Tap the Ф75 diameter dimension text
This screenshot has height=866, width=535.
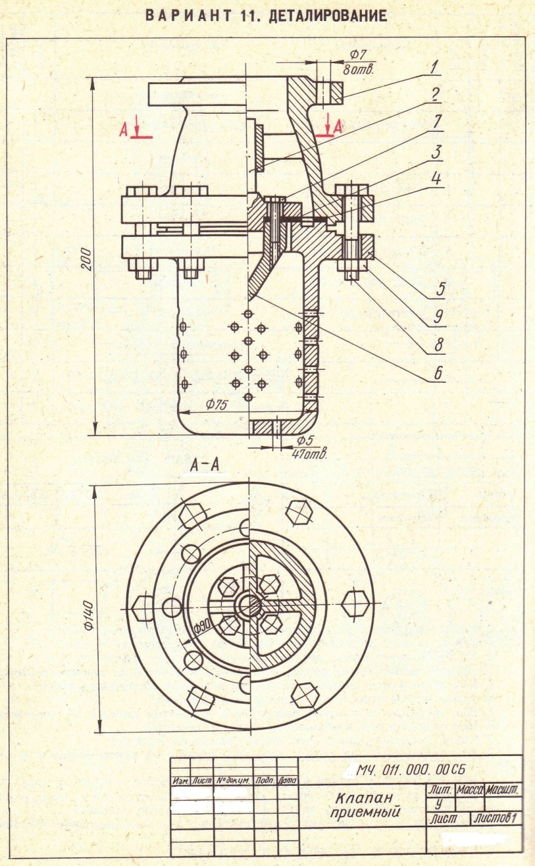click(216, 405)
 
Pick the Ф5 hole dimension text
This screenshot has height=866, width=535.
click(303, 440)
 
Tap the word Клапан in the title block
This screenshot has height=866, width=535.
click(356, 799)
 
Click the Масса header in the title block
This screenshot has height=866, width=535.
click(467, 788)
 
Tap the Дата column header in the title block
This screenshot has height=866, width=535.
click(288, 780)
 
